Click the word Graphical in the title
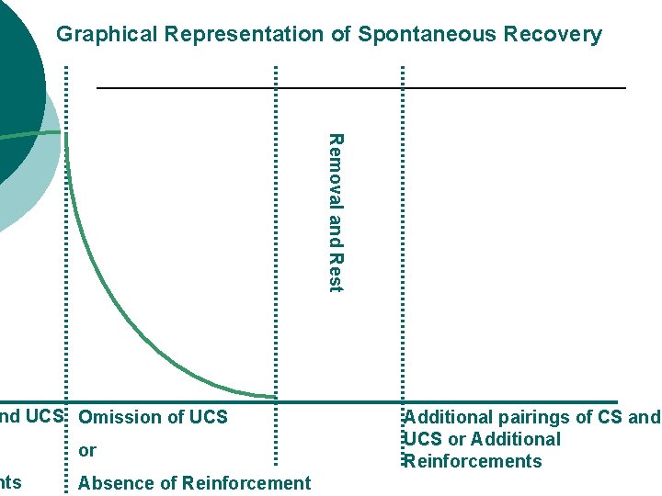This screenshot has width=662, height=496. [107, 35]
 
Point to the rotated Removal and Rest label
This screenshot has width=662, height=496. [336, 213]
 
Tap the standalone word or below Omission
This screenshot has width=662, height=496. [87, 451]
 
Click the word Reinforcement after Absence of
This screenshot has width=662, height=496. [246, 483]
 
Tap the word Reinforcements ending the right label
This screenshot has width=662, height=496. [473, 461]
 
